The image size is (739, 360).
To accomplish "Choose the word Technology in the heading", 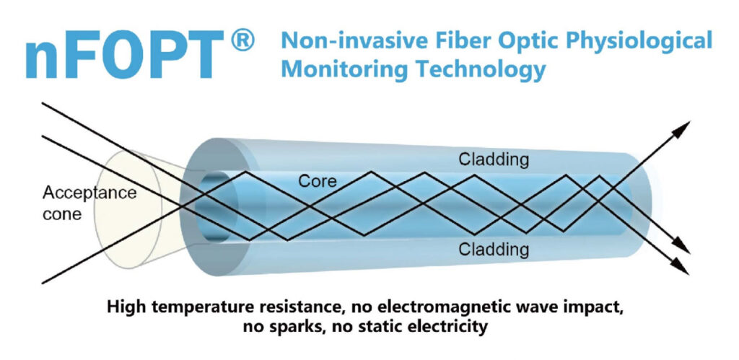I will (x=473, y=70).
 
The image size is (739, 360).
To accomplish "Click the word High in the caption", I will (x=126, y=307).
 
